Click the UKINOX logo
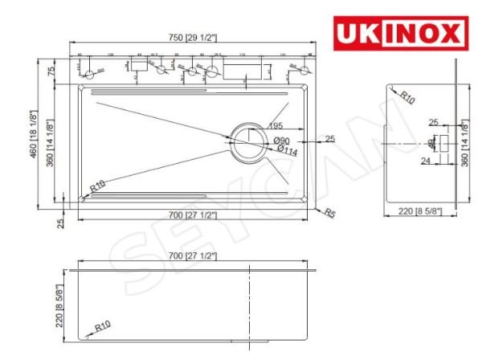[x=398, y=34]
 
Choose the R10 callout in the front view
[x=102, y=327]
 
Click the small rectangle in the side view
[x=443, y=145]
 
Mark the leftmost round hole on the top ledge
[x=88, y=74]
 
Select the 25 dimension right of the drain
[x=329, y=139]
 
